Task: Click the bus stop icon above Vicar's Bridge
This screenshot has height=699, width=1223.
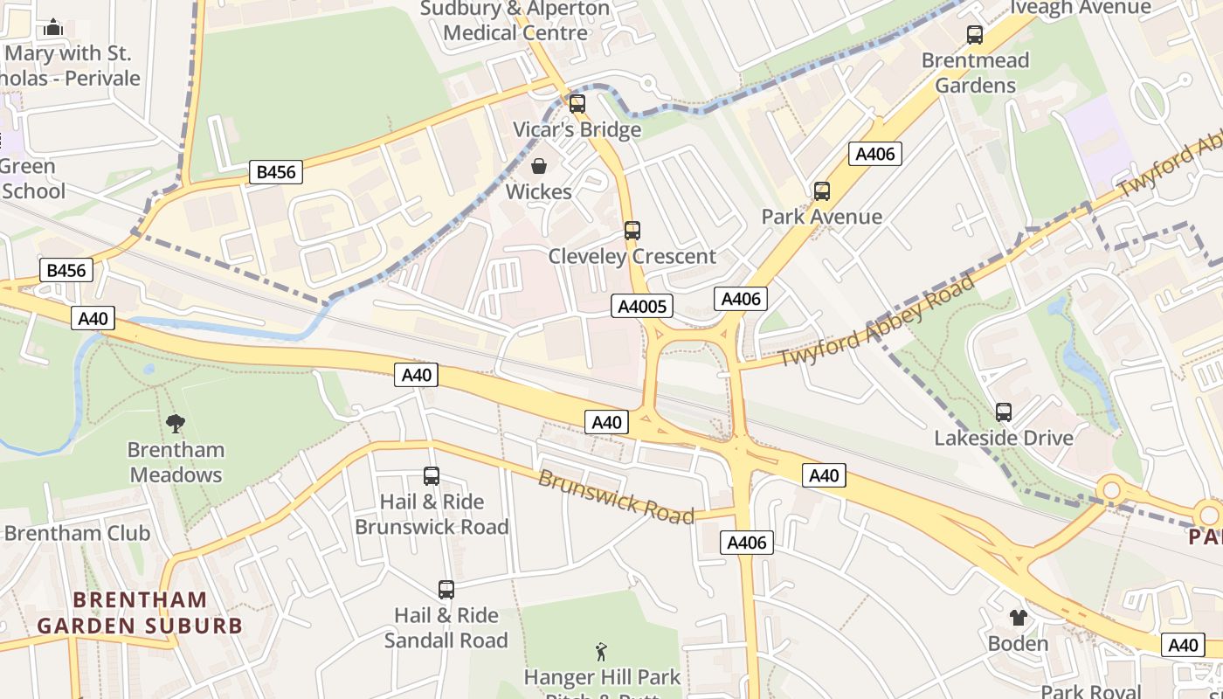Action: coord(577,104)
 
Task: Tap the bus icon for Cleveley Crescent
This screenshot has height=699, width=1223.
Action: coord(632,231)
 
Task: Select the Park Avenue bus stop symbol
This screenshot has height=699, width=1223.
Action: coord(821,190)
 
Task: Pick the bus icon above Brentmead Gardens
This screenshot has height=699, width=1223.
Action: coord(974,35)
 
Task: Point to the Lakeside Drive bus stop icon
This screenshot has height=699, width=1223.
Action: coord(1003,412)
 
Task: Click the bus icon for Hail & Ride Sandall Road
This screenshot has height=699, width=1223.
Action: coord(446,589)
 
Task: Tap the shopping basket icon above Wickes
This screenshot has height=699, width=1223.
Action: coord(539,166)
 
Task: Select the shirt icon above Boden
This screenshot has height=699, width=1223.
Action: coord(1018,618)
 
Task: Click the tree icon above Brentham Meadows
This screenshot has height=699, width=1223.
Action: coord(176,424)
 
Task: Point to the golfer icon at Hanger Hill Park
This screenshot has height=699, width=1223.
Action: coord(601,651)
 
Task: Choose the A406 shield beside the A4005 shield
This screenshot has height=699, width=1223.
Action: coord(740,299)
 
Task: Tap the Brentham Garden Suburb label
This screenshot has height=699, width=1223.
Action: coord(140,612)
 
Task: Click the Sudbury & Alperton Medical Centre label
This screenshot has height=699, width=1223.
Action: coord(515,21)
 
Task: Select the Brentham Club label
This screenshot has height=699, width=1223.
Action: coord(77,533)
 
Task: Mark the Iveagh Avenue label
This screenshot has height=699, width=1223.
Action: coord(1081,8)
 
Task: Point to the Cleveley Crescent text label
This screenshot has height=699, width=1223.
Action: coord(632,256)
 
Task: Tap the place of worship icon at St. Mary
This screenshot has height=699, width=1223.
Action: coord(53,28)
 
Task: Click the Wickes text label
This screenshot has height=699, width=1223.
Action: coord(539,191)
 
